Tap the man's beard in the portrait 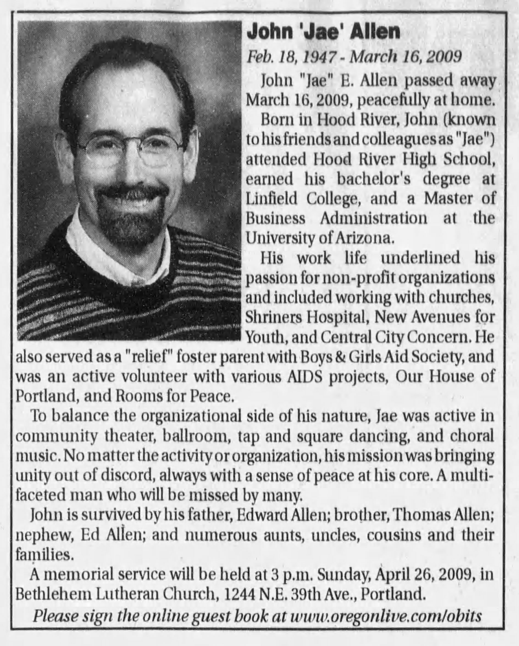[132, 222]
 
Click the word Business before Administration [275, 218]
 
